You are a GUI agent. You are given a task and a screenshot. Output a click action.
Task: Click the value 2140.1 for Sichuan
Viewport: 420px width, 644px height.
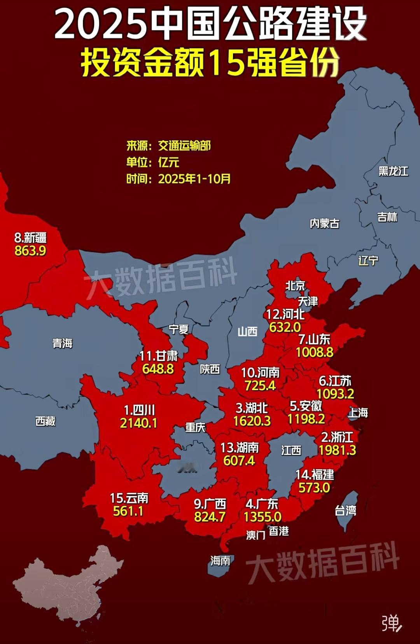click(x=138, y=423)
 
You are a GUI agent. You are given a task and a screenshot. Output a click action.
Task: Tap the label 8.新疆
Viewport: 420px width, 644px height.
click(x=30, y=237)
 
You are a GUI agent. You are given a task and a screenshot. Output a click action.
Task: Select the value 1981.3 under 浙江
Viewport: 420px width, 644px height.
click(x=337, y=450)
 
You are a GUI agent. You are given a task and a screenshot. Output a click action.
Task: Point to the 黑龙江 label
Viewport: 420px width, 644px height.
click(x=393, y=171)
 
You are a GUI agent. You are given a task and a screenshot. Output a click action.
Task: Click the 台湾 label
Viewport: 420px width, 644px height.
click(x=345, y=511)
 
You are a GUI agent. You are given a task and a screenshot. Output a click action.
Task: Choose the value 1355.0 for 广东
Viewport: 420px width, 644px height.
click(x=262, y=517)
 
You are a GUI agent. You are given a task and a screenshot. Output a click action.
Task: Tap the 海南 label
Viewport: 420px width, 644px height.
click(x=220, y=561)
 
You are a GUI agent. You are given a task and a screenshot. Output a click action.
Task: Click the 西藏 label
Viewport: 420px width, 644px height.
click(x=45, y=421)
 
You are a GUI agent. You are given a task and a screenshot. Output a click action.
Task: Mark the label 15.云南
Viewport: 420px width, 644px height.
click(x=129, y=498)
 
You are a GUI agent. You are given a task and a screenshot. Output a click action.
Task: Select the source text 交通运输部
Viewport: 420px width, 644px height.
click(x=184, y=146)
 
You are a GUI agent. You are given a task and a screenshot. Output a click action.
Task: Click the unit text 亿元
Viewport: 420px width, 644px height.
click(x=168, y=162)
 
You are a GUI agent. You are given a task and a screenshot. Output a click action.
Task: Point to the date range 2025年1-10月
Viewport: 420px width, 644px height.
click(x=194, y=179)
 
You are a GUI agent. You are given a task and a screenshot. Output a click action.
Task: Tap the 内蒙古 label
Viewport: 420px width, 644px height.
click(x=324, y=224)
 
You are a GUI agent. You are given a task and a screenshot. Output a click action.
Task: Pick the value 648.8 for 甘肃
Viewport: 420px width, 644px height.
click(x=158, y=369)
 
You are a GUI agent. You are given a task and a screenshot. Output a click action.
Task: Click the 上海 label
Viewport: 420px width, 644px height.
click(x=358, y=413)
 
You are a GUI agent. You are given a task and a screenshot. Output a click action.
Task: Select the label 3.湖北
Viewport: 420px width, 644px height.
click(x=252, y=408)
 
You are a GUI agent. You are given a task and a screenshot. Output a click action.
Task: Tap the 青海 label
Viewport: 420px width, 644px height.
click(x=63, y=343)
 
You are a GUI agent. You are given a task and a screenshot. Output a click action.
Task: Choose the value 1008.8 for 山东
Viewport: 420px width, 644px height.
click(x=314, y=352)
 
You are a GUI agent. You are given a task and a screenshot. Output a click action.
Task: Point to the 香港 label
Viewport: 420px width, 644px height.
click(x=279, y=531)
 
